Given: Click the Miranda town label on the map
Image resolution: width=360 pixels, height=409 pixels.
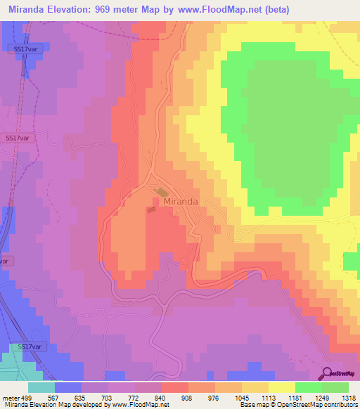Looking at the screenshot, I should pos(181,201).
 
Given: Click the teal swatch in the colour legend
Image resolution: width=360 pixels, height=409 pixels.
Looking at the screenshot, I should pos(41,387).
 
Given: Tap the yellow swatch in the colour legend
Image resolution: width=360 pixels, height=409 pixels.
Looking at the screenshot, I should pos(281,387).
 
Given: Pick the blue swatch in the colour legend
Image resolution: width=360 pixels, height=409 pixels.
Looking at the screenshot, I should pos(68,387).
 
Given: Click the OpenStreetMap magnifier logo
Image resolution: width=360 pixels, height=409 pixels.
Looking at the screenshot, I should pos(328,373).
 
